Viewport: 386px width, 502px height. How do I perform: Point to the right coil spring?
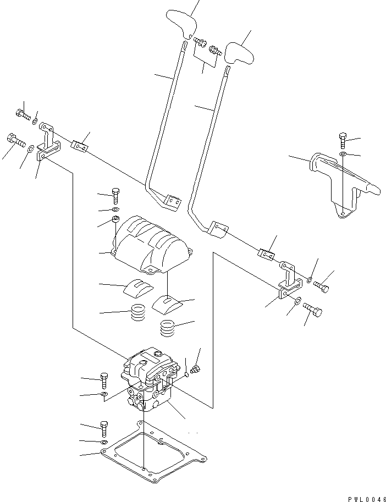[168, 329]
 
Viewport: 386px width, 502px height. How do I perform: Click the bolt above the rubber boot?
[115, 194]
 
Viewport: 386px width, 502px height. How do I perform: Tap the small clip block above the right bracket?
[266, 253]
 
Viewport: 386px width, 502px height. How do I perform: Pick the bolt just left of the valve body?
[104, 379]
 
